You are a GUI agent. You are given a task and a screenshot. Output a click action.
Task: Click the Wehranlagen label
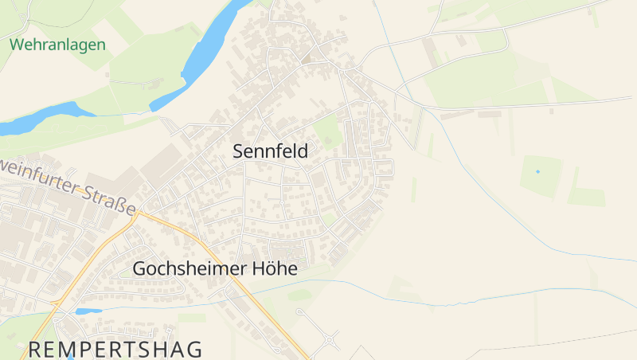tap(57, 45)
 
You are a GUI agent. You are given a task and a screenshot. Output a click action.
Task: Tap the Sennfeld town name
tap(270, 151)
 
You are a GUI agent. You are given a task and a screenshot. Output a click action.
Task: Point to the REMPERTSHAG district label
tap(115, 349)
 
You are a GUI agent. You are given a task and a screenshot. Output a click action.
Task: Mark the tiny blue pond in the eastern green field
tap(537, 171)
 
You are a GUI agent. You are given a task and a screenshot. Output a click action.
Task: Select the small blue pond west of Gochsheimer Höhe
tap(88, 311)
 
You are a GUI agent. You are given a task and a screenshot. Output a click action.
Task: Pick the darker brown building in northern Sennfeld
tap(307, 58)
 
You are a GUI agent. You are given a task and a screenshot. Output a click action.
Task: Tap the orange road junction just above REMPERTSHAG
tap(54, 303)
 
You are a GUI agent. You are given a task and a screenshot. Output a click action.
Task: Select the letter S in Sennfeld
tap(238, 151)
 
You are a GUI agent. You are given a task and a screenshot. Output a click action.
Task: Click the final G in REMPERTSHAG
tap(193, 349)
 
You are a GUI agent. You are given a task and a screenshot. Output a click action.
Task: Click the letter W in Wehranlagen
tap(17, 45)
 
